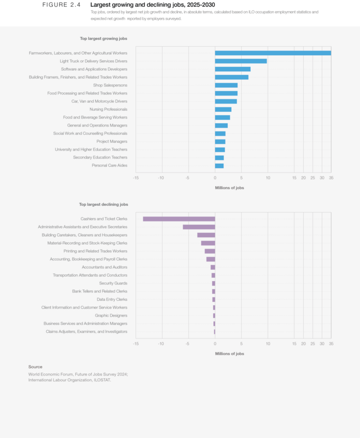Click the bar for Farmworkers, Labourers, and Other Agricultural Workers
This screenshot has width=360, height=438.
[x=273, y=53]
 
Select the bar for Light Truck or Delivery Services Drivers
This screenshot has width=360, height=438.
[x=241, y=61]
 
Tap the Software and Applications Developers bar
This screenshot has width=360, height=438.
[x=233, y=69]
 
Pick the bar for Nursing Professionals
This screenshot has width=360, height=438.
[x=223, y=109]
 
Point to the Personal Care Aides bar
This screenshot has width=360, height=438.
[x=219, y=166]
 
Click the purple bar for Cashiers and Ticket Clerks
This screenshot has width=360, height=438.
[x=179, y=219]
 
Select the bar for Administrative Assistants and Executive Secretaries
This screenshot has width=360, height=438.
[x=199, y=227]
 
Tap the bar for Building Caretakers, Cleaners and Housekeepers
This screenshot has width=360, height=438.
[x=206, y=235]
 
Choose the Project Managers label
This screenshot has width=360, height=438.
[x=112, y=142]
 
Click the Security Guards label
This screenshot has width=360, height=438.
[x=113, y=283]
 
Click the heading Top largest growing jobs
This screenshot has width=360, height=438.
[x=103, y=39]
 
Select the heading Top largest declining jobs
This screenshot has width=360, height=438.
[x=103, y=205]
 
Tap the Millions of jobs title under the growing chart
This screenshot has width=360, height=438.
[x=229, y=188]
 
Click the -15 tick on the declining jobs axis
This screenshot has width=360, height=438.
[x=136, y=344]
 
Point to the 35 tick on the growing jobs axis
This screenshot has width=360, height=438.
[x=331, y=178]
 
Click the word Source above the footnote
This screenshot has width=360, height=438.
[x=35, y=367]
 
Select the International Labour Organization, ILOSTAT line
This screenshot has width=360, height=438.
[x=70, y=380]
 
